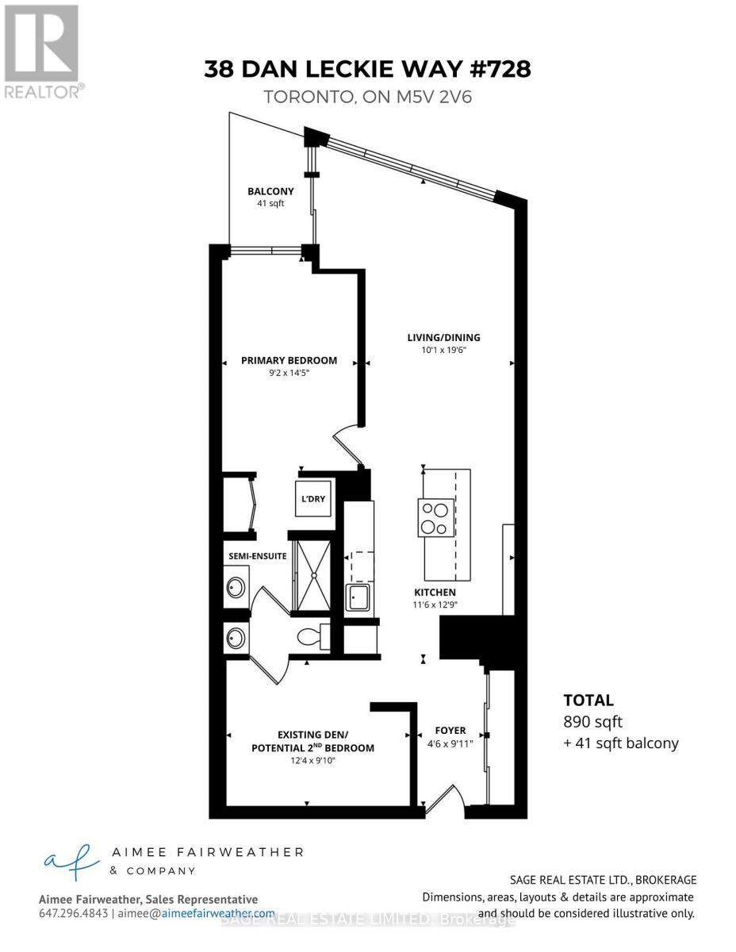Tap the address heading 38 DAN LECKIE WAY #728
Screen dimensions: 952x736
click(367, 69)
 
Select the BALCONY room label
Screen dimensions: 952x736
click(270, 191)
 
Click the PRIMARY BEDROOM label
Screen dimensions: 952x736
click(289, 360)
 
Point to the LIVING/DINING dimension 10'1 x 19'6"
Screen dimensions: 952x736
click(443, 351)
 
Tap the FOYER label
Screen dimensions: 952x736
click(450, 731)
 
